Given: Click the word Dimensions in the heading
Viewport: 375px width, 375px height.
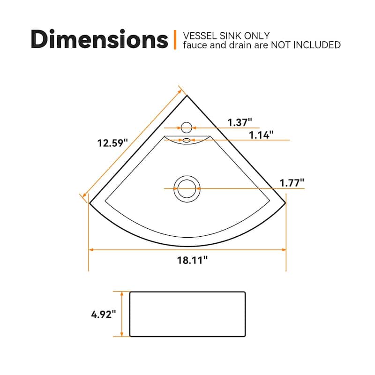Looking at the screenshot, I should pyautogui.click(x=99, y=39).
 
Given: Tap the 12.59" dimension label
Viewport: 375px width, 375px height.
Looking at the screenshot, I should pyautogui.click(x=112, y=143).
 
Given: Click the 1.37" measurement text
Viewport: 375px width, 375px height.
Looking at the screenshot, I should pyautogui.click(x=240, y=122).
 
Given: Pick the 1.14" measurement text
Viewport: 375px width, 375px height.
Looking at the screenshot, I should pyautogui.click(x=261, y=135).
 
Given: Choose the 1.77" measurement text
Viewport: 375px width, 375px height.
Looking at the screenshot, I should pyautogui.click(x=292, y=182).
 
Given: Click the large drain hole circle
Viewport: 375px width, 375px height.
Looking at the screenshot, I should pyautogui.click(x=187, y=188).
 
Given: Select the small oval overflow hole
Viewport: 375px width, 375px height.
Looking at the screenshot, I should pyautogui.click(x=187, y=140).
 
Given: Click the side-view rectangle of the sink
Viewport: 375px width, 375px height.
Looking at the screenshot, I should pyautogui.click(x=187, y=314).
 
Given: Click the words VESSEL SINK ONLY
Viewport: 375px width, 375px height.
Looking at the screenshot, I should pyautogui.click(x=226, y=36).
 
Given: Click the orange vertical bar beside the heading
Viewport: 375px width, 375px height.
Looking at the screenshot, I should pyautogui.click(x=175, y=40).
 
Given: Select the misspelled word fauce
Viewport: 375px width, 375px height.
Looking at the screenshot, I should pyautogui.click(x=194, y=45).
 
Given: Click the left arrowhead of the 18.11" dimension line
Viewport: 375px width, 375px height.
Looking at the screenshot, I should pyautogui.click(x=91, y=250).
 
